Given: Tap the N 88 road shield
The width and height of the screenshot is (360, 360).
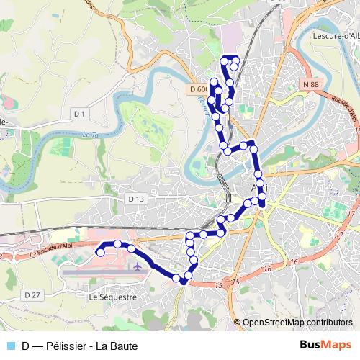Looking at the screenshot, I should (x=311, y=85).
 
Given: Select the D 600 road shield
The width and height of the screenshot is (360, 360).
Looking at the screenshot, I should (x=199, y=89).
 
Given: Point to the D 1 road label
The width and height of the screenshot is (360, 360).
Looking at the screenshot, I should (x=78, y=114).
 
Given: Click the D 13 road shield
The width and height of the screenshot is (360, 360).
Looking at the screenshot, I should (x=136, y=198).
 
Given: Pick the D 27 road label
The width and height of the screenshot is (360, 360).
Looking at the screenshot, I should (x=32, y=295).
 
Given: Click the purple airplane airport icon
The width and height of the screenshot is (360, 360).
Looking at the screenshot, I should (x=136, y=267).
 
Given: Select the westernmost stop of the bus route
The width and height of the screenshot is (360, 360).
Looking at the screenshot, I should (x=100, y=252).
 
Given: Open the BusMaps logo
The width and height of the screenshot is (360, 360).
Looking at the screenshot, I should (x=325, y=345).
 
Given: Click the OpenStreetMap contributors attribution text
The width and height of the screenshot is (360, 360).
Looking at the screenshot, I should (x=300, y=323).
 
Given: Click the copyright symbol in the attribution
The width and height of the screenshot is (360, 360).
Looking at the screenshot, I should (x=238, y=323).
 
